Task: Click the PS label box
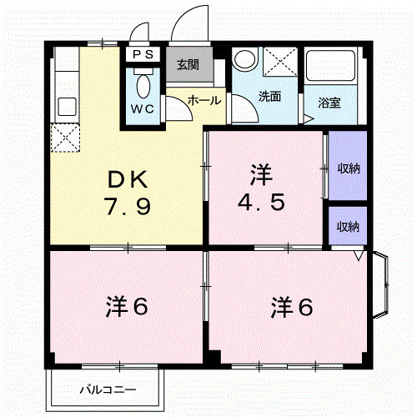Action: coord(143,55)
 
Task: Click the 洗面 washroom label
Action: coord(269,96)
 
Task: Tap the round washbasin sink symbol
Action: coord(245,59)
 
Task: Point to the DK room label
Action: coord(127,178)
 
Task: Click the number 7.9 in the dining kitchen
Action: coord(128,206)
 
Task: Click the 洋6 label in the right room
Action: coord(291,307)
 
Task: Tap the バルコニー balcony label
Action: coord(108,389)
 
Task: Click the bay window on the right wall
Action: coord(379,284)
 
